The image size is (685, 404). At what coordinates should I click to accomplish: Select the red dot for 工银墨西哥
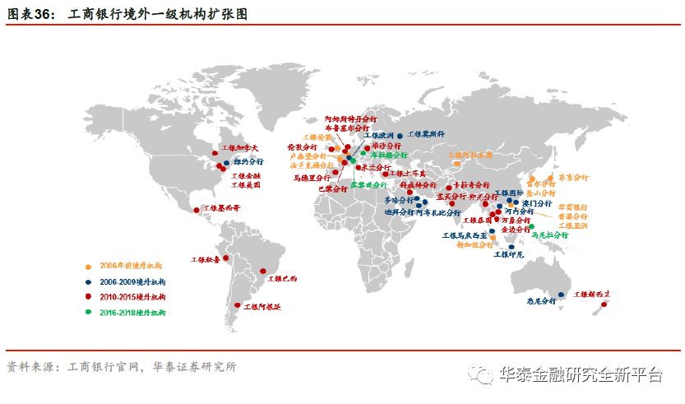coord(196,210)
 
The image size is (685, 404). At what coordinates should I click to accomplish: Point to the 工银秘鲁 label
coord(206,259)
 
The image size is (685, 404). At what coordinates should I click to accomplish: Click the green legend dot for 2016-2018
coord(88,313)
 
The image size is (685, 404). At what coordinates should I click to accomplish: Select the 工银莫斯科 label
coord(426,133)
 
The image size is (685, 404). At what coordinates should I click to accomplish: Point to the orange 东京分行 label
coord(574,177)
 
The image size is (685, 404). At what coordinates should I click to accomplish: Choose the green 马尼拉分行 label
coord(550,235)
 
